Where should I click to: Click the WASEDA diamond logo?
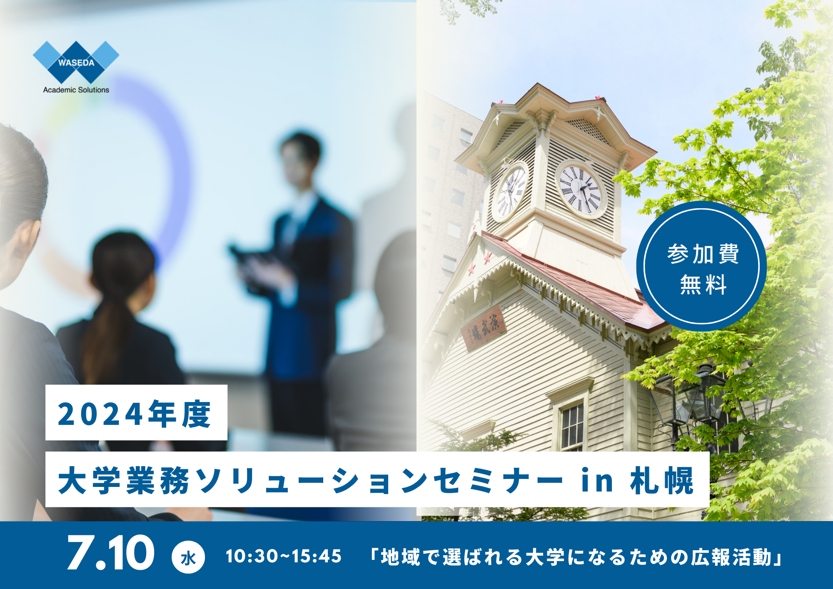pos(76,62)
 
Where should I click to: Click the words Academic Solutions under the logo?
pos(76,90)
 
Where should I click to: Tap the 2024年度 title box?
pos(136,412)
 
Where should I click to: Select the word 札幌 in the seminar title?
pos(662,480)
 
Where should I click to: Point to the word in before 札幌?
pos(597,480)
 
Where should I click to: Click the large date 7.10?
pos(111,553)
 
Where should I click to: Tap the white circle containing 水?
pos(188,557)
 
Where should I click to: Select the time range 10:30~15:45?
pos(283,557)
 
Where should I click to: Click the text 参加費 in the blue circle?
pos(703,254)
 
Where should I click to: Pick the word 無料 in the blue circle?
pos(703,285)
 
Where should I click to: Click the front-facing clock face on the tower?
pos(580,190)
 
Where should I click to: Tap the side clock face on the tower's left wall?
pos(511,192)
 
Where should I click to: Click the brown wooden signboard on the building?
pos(484,328)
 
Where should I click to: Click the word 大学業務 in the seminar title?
pos(124,480)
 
